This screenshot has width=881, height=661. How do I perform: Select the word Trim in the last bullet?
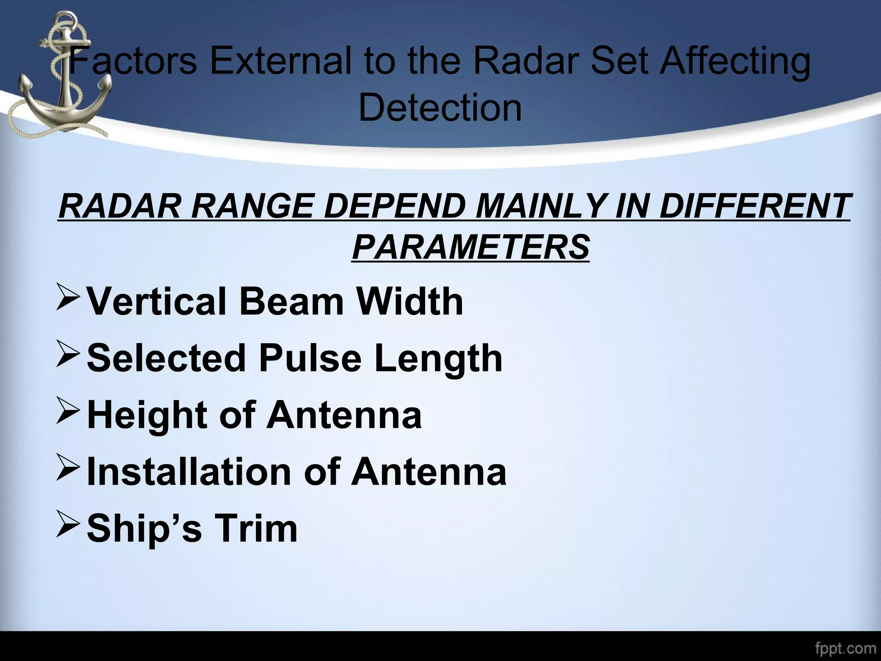pyautogui.click(x=256, y=528)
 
